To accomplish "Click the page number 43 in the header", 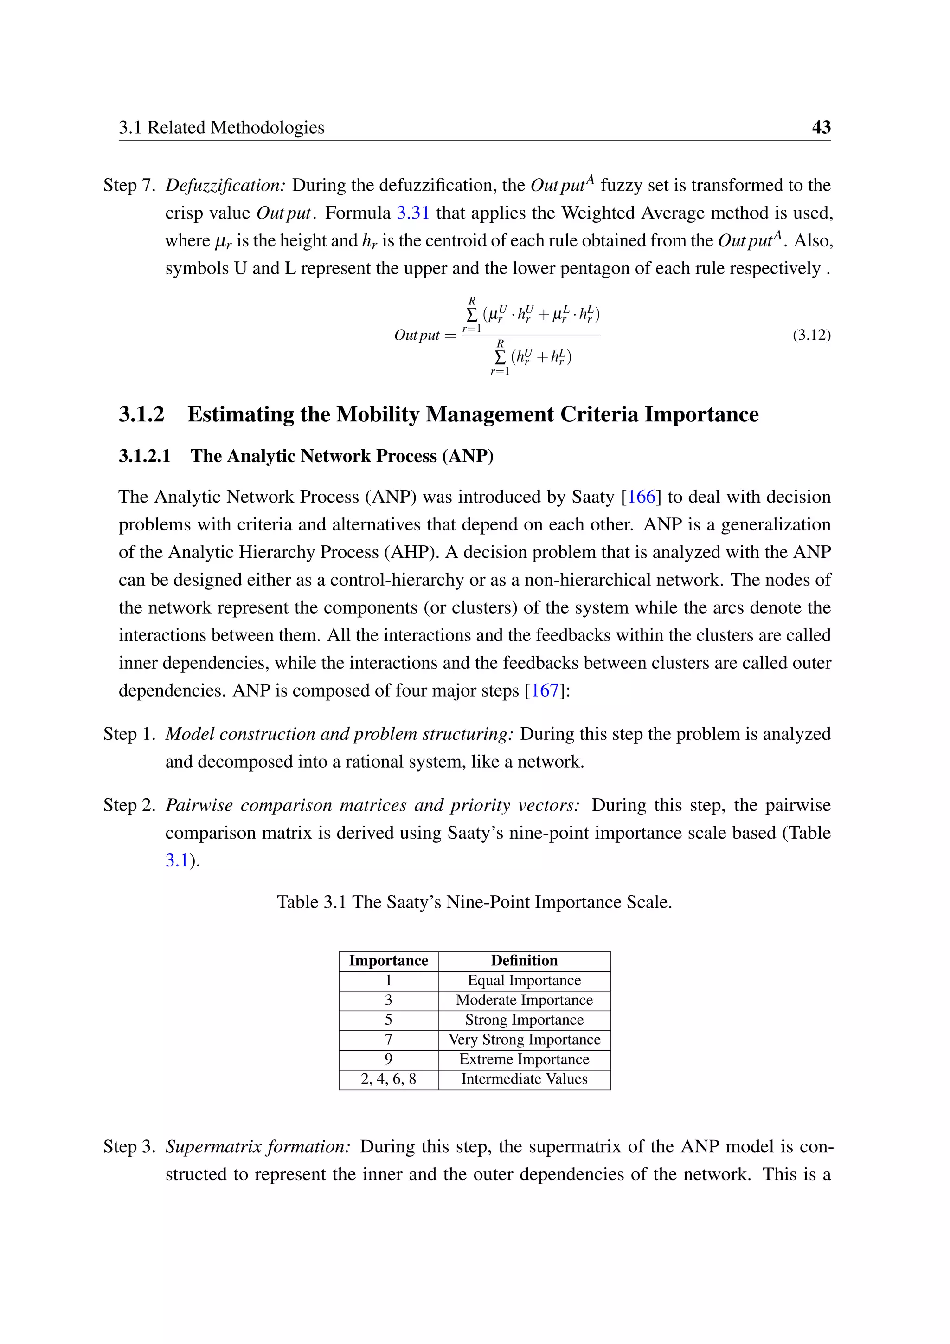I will (821, 127).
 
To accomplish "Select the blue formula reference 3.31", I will (413, 213).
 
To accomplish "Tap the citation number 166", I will (641, 497).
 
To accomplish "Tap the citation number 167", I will (545, 691).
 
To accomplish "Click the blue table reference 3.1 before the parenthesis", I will (177, 860).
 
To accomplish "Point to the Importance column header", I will (388, 961).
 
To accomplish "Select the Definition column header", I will (524, 961).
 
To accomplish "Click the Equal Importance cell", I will (524, 981).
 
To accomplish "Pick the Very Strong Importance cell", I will (524, 1040).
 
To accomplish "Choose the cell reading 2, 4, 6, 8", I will (388, 1079).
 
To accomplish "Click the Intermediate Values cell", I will (524, 1079).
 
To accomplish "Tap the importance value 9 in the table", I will (388, 1059).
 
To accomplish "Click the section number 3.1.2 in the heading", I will (141, 414).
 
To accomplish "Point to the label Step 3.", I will (128, 1146).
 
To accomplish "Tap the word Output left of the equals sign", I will (417, 336).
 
